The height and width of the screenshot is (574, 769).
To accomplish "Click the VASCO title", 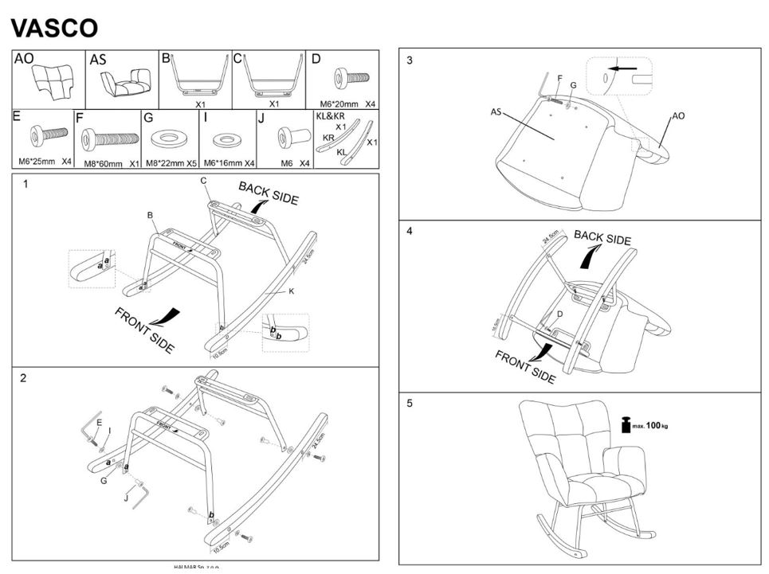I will (x=54, y=28).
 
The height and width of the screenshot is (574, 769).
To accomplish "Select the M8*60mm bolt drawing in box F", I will (x=110, y=143).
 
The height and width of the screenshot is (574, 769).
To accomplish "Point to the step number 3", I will (x=410, y=61).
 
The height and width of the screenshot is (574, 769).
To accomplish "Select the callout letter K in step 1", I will (x=292, y=292).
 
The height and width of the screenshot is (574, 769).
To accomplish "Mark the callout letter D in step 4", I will (x=559, y=314).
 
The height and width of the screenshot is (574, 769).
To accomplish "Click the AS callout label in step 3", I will (x=496, y=112).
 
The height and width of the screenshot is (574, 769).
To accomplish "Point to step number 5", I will (x=410, y=403).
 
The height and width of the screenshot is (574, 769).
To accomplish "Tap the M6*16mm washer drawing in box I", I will (x=226, y=140).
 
